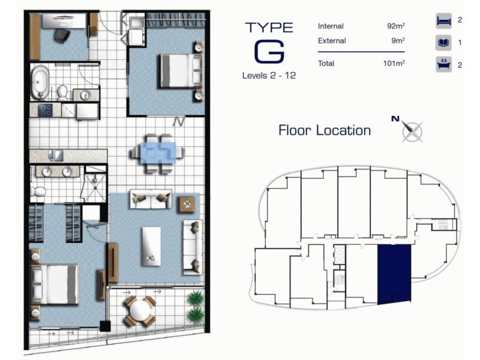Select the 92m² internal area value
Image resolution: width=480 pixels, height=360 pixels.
[x=396, y=26]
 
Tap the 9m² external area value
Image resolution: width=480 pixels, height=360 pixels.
[x=398, y=41]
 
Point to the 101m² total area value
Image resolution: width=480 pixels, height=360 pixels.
[x=394, y=64]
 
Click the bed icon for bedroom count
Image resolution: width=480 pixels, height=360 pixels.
[x=443, y=21]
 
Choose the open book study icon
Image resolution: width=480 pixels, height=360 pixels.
[x=443, y=43]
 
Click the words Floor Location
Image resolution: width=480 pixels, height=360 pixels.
[x=325, y=130]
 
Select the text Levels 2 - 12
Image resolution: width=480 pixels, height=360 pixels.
[x=269, y=76]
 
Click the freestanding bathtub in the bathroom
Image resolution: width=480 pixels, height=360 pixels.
[x=40, y=83]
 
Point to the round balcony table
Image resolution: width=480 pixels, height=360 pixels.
[x=139, y=310]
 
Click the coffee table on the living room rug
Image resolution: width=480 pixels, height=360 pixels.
[x=151, y=245]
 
